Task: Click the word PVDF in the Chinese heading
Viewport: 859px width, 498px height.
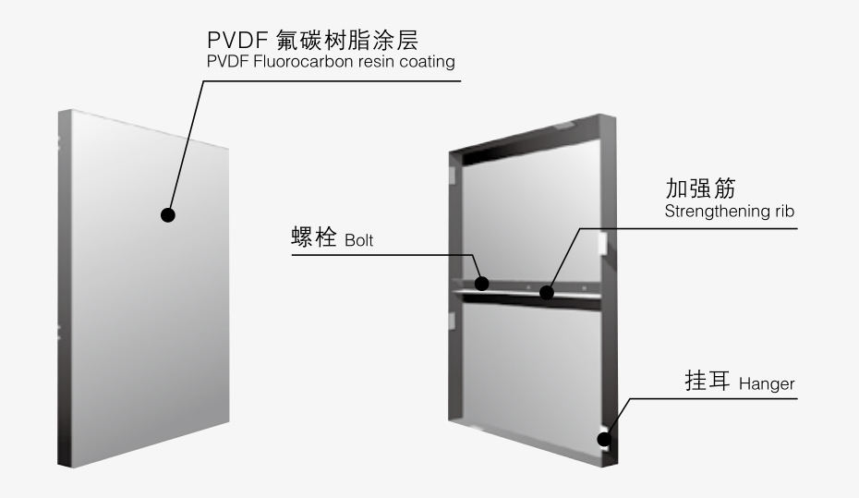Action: (x=232, y=42)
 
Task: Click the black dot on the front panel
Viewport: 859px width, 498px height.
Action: (x=167, y=214)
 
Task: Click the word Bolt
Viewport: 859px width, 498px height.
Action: (x=359, y=241)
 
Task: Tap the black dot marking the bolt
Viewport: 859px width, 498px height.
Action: (x=481, y=283)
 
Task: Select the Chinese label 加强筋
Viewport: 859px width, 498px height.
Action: (x=693, y=188)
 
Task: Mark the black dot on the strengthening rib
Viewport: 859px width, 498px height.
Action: (x=547, y=294)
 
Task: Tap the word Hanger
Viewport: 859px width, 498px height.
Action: (x=767, y=384)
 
